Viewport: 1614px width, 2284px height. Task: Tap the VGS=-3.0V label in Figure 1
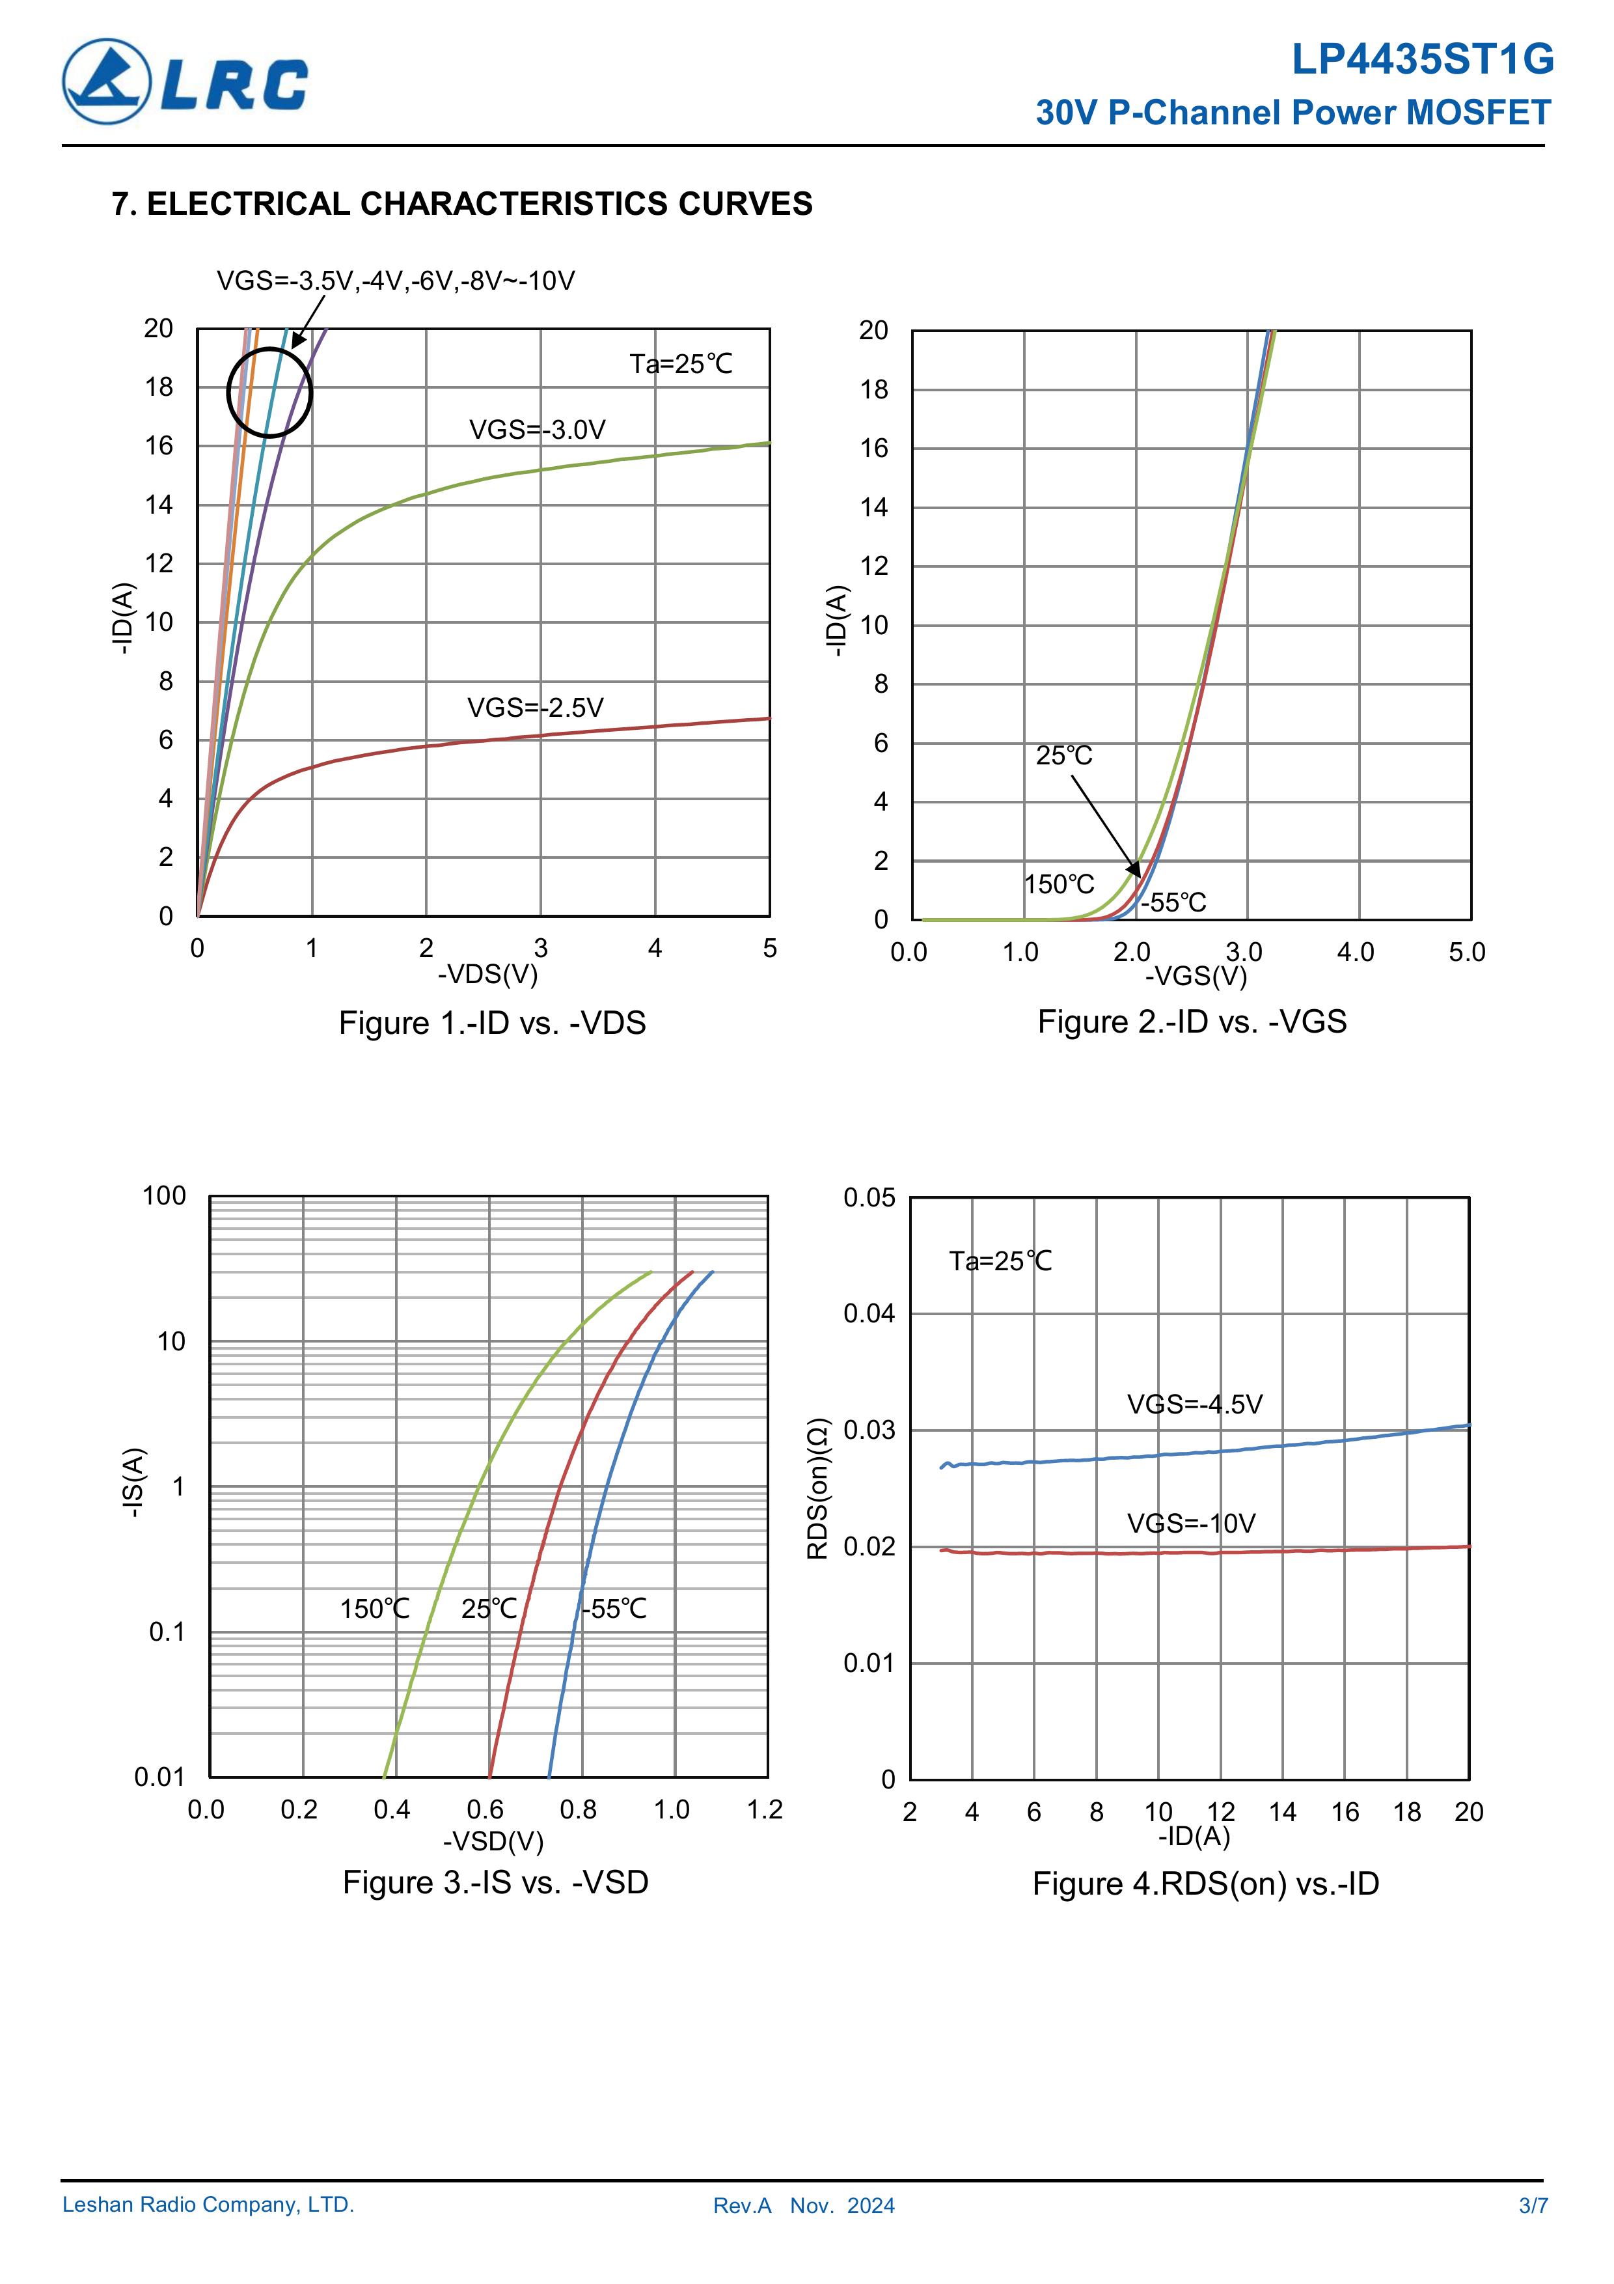coord(537,430)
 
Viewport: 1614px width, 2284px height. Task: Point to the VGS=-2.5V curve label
coord(535,707)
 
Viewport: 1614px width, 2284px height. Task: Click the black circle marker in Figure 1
coord(269,392)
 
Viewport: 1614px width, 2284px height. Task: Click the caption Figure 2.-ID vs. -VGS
coord(1192,1022)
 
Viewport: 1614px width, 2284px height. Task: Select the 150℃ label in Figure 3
coord(375,1609)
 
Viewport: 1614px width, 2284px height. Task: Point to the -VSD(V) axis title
coord(493,1841)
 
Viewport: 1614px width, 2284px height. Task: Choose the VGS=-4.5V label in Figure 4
coord(1194,1404)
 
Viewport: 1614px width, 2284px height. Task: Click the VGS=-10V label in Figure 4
coord(1190,1523)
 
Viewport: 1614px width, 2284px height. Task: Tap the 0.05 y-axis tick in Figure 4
coord(869,1198)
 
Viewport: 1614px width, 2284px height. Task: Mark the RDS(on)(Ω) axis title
coord(817,1488)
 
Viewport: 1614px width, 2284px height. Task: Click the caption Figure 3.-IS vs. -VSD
coord(495,1882)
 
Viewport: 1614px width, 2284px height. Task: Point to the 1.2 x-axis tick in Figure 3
coord(765,1809)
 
